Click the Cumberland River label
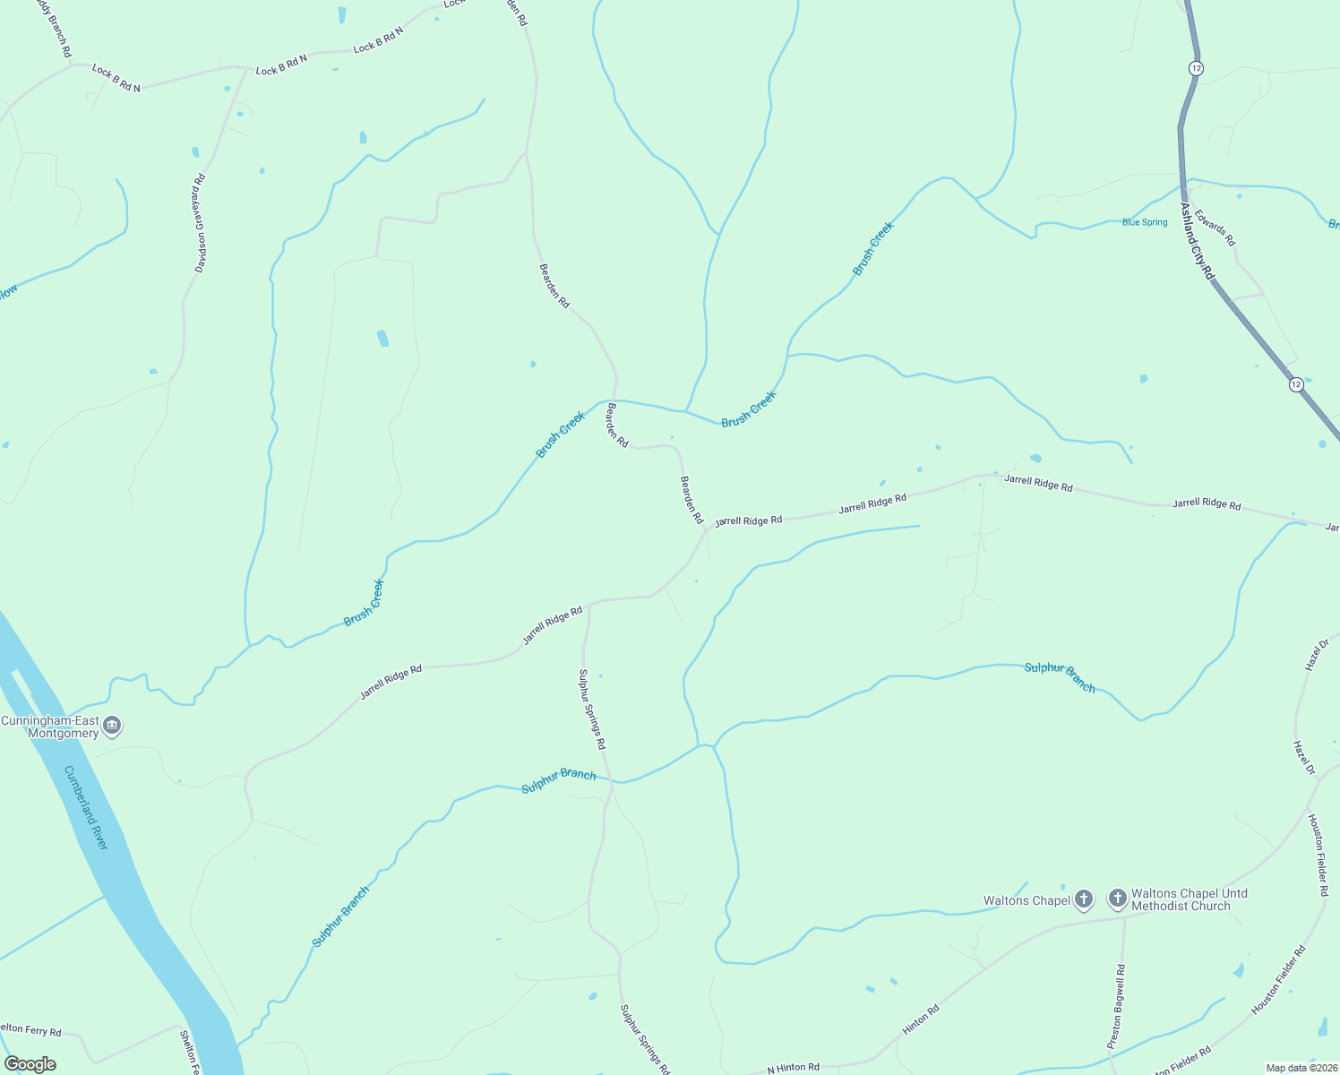point(86,808)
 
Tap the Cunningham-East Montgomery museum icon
point(112,725)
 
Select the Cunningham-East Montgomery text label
point(50,727)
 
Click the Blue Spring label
point(1145,222)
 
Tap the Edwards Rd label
point(1215,228)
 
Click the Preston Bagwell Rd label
point(1116,1006)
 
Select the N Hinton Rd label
point(793,1067)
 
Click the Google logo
point(30,1064)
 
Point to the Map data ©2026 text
point(1301,1068)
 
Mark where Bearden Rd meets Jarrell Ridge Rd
point(707,529)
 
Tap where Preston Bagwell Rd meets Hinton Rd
point(1124,916)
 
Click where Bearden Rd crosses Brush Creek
point(614,400)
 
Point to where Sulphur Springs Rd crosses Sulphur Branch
point(610,779)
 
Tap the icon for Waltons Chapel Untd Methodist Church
point(1117,898)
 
